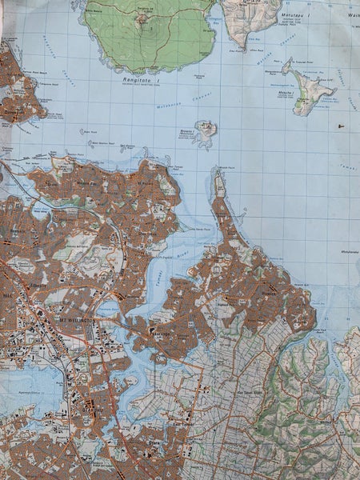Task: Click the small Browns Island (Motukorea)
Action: pos(206,130)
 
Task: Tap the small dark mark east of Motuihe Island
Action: pos(342,126)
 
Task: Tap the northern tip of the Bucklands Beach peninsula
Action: pos(217,170)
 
